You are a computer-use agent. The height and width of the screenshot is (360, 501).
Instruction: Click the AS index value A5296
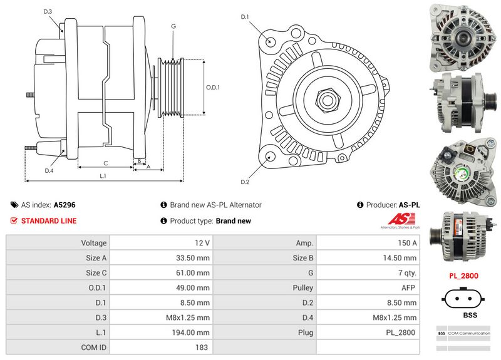tap(65, 205)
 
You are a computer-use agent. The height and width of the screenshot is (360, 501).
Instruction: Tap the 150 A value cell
tap(368, 243)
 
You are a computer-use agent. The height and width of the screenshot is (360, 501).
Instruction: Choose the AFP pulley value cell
tap(368, 288)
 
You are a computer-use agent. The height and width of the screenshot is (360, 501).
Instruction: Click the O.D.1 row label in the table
tap(94, 288)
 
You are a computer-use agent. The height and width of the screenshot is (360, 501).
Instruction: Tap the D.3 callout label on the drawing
tap(48, 12)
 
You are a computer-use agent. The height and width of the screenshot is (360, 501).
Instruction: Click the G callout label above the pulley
tap(173, 27)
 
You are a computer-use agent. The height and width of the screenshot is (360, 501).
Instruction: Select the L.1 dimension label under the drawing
tap(103, 177)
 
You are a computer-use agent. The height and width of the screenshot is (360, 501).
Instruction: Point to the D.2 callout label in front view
tap(245, 182)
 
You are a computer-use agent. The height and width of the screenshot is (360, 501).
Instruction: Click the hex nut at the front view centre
tap(326, 99)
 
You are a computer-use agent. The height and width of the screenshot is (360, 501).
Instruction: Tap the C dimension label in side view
tap(105, 164)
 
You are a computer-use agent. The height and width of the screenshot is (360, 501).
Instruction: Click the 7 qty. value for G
tap(368, 273)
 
